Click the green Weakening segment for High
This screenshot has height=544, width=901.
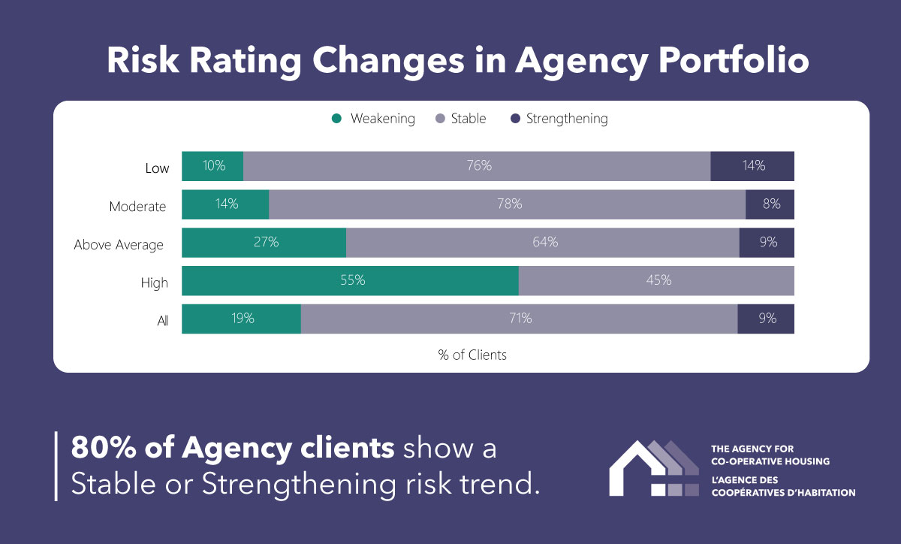pos(350,281)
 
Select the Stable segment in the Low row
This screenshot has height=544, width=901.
pos(477,166)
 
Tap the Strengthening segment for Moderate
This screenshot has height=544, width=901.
pos(770,204)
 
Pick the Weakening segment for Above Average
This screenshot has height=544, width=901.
pos(264,243)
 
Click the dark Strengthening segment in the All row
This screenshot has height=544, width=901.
pos(766,319)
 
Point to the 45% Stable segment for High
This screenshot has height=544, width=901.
pos(656,281)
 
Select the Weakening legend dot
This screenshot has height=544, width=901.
pos(336,119)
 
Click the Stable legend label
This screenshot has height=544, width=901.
pos(469,119)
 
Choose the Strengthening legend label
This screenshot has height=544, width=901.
pos(567,119)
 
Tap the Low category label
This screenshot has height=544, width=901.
pos(157,168)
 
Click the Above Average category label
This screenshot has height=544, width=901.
pos(118,245)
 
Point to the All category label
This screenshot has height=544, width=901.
pos(162,322)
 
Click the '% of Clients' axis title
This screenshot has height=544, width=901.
pos(472,355)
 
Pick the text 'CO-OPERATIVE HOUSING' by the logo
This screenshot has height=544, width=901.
pos(770,461)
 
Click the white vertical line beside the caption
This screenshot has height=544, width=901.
pos(56,466)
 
